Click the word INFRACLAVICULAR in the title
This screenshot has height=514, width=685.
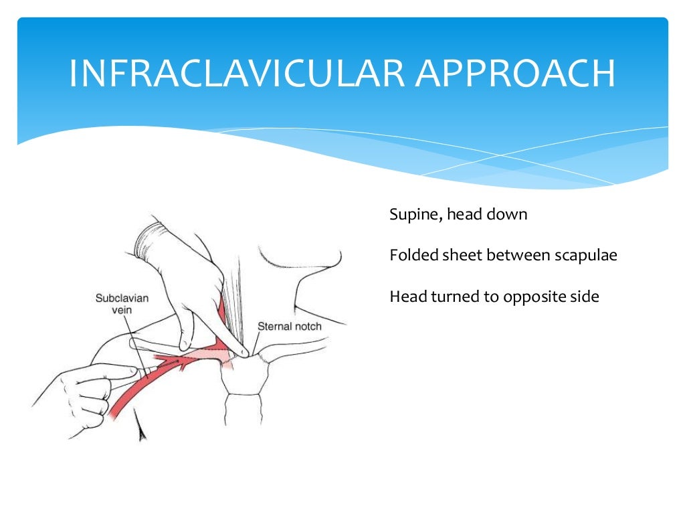237,74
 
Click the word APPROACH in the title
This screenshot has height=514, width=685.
515,74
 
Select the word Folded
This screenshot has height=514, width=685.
410,255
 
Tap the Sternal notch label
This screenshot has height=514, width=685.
290,327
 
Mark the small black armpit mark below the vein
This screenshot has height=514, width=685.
141,434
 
